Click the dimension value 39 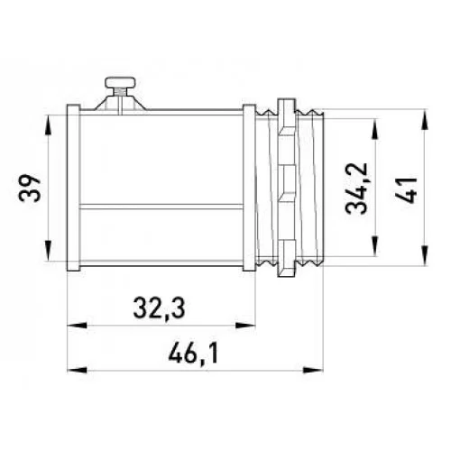(29, 188)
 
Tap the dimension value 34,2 (356, 189)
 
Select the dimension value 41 (406, 190)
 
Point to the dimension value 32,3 (159, 308)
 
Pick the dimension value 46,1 (193, 354)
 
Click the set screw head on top (120, 82)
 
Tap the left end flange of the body (73, 188)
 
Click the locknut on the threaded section (287, 188)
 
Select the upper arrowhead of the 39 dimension (48, 125)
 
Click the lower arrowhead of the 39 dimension (48, 251)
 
